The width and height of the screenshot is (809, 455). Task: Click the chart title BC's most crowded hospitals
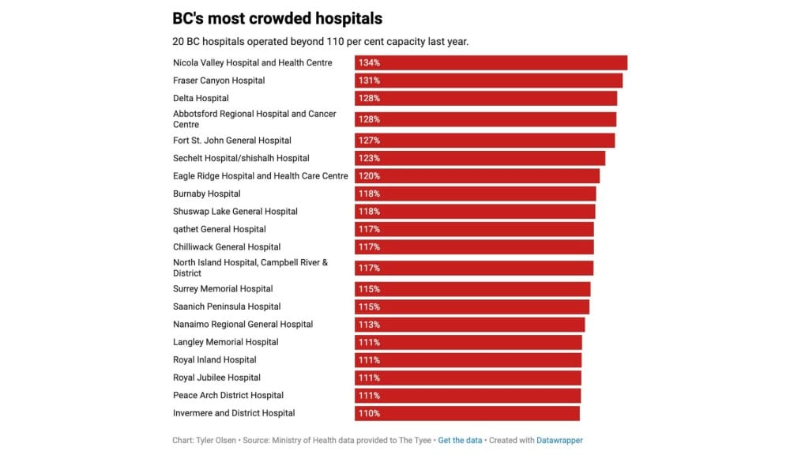(277, 18)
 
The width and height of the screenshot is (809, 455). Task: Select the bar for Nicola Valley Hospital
(491, 62)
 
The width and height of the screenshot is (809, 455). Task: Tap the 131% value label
(369, 81)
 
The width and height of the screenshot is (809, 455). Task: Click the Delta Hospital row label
(201, 98)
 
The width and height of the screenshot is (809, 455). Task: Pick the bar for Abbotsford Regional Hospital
(485, 119)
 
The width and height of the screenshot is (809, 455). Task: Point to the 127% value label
(369, 141)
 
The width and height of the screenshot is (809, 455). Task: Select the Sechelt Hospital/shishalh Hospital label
(241, 158)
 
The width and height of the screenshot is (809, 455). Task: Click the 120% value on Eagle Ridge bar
(369, 176)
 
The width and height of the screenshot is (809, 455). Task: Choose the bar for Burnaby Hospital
(475, 194)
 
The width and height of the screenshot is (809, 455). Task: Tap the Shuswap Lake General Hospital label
(235, 212)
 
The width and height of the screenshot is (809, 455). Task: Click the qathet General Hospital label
(220, 229)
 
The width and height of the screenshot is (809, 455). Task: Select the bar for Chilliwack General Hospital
(474, 247)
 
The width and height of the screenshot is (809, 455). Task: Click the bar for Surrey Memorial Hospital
(472, 289)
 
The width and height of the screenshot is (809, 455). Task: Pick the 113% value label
(369, 325)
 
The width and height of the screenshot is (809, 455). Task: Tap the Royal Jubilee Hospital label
(216, 378)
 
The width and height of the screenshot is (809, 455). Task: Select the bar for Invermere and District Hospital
(467, 413)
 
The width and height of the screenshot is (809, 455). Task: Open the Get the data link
(461, 440)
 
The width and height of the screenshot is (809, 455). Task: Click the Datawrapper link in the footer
(559, 440)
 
